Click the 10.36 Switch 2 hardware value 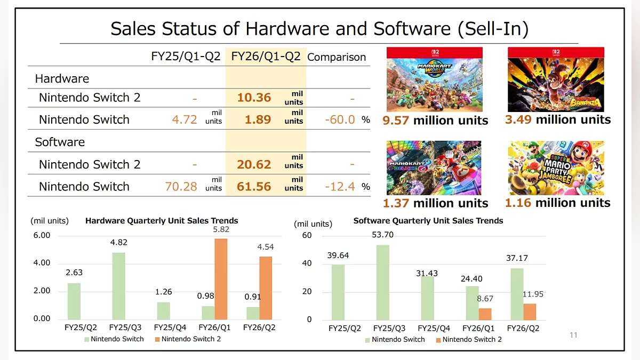click(254, 98)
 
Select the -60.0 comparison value click(340, 119)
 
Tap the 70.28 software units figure click(181, 187)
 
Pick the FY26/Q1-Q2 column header click(266, 57)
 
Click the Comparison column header click(337, 57)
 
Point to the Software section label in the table click(60, 142)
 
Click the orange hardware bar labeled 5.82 click(221, 278)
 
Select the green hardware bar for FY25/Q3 click(118, 285)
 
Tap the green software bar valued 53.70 click(382, 282)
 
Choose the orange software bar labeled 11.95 click(529, 311)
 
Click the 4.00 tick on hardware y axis click(42, 263)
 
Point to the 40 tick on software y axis click(306, 263)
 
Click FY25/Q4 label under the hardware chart click(170, 327)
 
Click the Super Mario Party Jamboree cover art click(556, 167)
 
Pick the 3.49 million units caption click(557, 119)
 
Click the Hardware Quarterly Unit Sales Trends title click(162, 220)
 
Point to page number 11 click(573, 335)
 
